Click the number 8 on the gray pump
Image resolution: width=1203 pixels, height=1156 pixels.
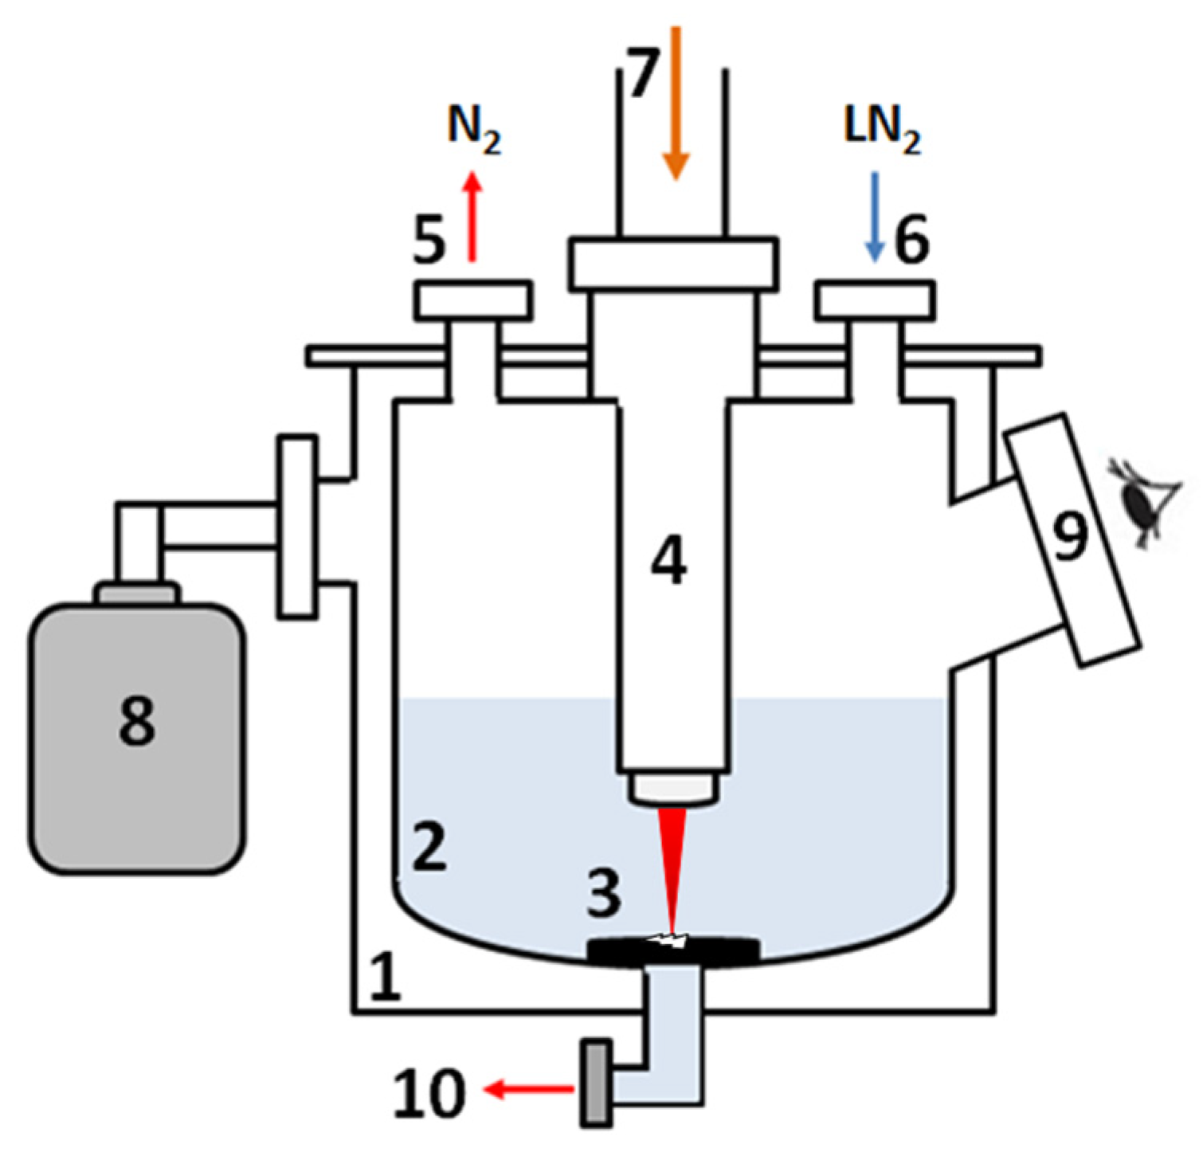tap(136, 720)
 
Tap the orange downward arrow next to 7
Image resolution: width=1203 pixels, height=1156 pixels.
tap(676, 104)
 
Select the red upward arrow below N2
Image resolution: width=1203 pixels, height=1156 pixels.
tap(472, 217)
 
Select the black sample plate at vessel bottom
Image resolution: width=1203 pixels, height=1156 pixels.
tap(673, 950)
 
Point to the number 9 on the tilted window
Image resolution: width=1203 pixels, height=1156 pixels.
tap(1070, 536)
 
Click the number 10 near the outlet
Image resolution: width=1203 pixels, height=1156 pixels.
tap(429, 1092)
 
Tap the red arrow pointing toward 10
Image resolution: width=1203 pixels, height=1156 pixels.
tap(530, 1089)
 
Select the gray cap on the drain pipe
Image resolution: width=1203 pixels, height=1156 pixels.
tap(596, 1083)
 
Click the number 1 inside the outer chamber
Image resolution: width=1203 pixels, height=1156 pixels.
tap(385, 976)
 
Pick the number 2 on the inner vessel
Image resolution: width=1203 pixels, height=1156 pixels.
tap(429, 847)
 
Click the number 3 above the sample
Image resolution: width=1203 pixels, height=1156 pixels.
tap(604, 892)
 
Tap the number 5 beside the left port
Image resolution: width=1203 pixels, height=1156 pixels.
tap(429, 240)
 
